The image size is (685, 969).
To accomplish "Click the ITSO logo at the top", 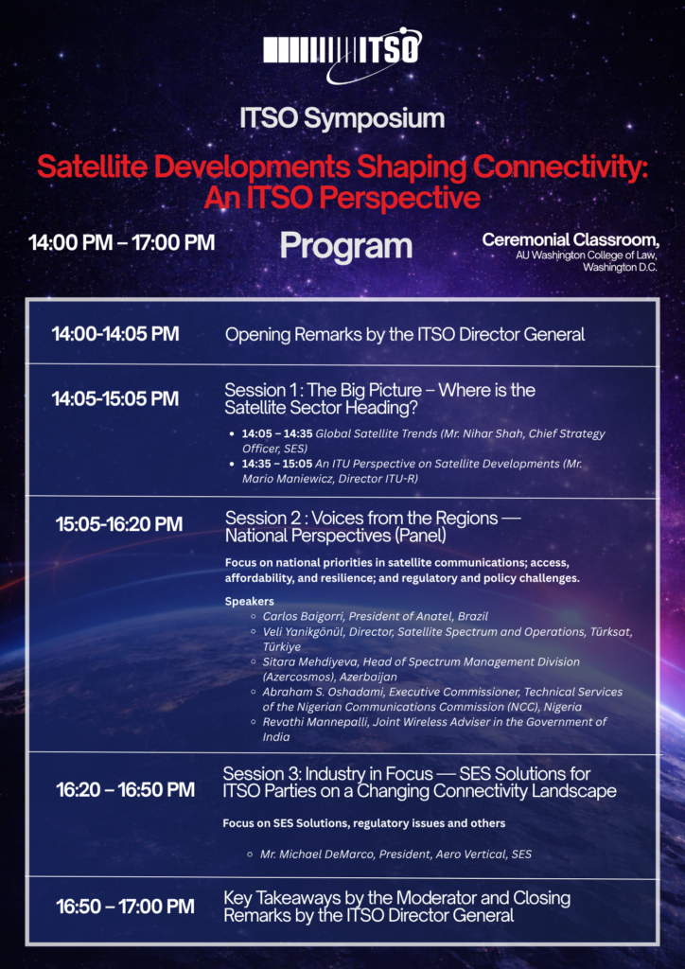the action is pos(342,54).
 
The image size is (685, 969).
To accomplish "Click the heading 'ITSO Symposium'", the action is pos(342,119).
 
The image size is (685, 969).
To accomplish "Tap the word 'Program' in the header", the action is pos(346,246).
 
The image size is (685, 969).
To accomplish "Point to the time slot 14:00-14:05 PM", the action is pos(115,334).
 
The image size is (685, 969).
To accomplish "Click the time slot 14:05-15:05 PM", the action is pos(115,399).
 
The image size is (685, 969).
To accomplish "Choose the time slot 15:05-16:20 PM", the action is pos(119,524).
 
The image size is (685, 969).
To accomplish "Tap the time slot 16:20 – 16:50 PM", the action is pos(126,790).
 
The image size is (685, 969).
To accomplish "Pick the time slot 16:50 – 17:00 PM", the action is pos(126,907).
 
